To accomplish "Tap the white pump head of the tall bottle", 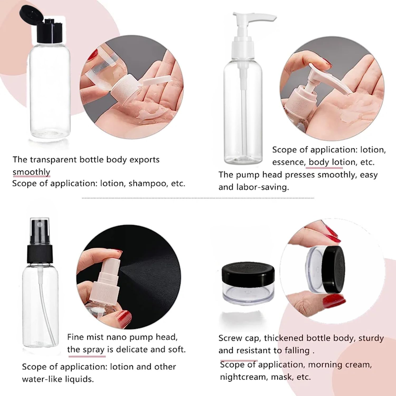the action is pyautogui.click(x=248, y=34).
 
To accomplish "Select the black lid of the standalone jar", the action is pyautogui.click(x=248, y=273).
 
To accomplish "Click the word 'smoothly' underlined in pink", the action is pyautogui.click(x=31, y=172).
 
